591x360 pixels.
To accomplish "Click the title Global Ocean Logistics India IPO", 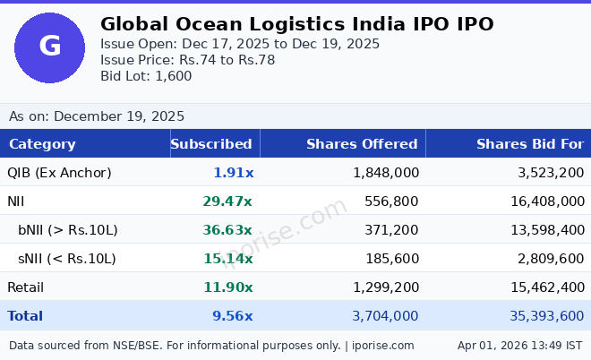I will [x=296, y=24].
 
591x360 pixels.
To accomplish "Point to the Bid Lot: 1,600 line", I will [x=146, y=76].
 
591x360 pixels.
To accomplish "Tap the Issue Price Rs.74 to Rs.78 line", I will [x=187, y=60].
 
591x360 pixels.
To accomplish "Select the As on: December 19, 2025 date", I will [x=97, y=116].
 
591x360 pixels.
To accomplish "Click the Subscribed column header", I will [x=211, y=144].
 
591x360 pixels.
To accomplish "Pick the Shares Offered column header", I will [x=362, y=144].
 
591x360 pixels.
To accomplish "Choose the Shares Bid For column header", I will [x=530, y=144].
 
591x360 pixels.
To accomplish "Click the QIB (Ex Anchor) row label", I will [x=59, y=173].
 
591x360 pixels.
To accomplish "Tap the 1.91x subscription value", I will [x=233, y=173].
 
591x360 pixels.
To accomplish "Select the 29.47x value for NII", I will [x=227, y=201].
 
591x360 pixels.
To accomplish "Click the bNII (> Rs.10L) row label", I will [x=68, y=230].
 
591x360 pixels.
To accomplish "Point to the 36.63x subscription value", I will [x=227, y=230].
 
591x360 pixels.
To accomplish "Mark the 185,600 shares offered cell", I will [x=391, y=259].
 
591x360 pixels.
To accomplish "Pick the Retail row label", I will [x=25, y=287].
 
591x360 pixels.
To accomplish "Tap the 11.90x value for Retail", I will [x=227, y=287].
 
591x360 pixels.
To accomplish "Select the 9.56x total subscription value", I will [x=233, y=316].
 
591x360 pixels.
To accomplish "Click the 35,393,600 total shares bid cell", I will [x=534, y=316].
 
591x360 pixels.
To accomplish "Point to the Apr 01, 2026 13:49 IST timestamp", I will [x=519, y=345].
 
